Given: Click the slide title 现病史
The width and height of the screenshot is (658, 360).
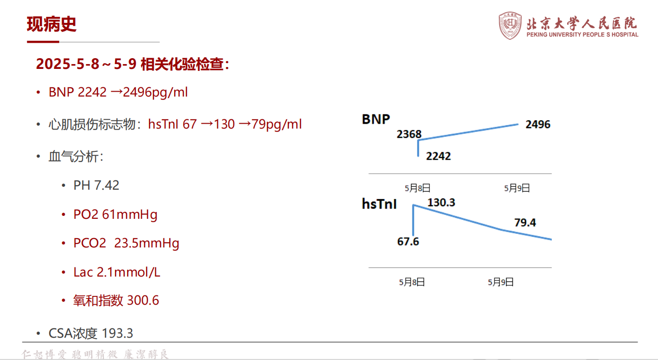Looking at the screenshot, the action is (x=51, y=24).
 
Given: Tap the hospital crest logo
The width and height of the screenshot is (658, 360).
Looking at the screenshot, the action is (x=510, y=25).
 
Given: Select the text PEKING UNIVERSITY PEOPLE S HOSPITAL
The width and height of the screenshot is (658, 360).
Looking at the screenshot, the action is (x=582, y=34).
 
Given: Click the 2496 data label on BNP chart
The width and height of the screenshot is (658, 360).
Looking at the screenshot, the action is (x=538, y=125).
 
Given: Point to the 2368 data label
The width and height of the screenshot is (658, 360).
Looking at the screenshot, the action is (x=409, y=134).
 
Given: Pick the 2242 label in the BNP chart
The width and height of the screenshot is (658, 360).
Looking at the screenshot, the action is (x=438, y=156).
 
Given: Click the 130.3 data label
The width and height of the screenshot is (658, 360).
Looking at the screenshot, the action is (x=441, y=202).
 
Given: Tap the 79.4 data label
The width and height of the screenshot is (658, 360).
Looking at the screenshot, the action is (x=525, y=223).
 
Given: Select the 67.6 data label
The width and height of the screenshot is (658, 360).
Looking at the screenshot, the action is (x=408, y=242).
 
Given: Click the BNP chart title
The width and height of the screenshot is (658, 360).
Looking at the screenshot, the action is (x=376, y=119).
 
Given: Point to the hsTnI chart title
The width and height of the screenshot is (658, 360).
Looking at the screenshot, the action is (x=379, y=204).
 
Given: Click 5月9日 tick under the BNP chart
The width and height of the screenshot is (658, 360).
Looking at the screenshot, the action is (x=517, y=188).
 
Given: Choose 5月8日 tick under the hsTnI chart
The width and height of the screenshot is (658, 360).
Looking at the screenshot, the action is (x=412, y=282).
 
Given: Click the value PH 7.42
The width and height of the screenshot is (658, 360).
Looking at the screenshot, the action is (x=96, y=185).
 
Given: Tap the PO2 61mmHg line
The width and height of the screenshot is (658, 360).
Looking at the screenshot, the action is (x=115, y=214).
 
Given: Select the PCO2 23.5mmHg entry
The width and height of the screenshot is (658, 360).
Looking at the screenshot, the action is (x=126, y=244).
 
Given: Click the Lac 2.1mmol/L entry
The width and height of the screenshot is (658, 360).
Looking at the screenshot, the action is (x=116, y=272).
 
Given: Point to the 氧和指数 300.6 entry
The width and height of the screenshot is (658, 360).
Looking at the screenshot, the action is (x=116, y=300).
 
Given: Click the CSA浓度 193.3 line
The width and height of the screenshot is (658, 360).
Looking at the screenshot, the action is (x=91, y=333).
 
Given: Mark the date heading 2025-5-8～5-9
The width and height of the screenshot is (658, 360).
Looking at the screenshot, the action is (x=86, y=64).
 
